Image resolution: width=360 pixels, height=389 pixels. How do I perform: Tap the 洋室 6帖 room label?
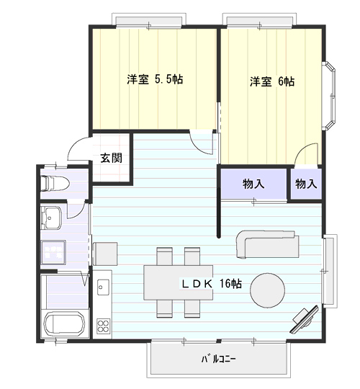(x=271, y=81)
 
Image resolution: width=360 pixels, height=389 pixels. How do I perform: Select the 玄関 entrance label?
(x=111, y=158)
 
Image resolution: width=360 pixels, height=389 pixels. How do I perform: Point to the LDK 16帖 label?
(x=210, y=283)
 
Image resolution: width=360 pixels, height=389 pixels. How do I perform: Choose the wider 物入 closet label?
(x=253, y=184)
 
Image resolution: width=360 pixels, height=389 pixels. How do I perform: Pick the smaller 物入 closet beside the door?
(x=306, y=184)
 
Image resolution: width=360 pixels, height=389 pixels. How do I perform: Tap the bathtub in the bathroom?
(x=66, y=326)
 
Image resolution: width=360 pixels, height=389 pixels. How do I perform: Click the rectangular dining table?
(x=177, y=282)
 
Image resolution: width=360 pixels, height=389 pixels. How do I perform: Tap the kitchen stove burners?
(x=102, y=325)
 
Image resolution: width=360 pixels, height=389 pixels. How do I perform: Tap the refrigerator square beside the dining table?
(x=105, y=254)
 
